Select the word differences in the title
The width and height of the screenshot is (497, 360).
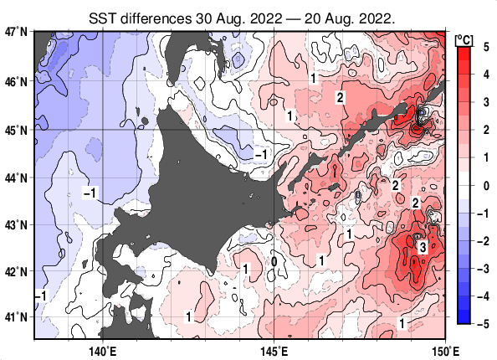tap(162, 16)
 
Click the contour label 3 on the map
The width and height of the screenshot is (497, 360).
tap(423, 247)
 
